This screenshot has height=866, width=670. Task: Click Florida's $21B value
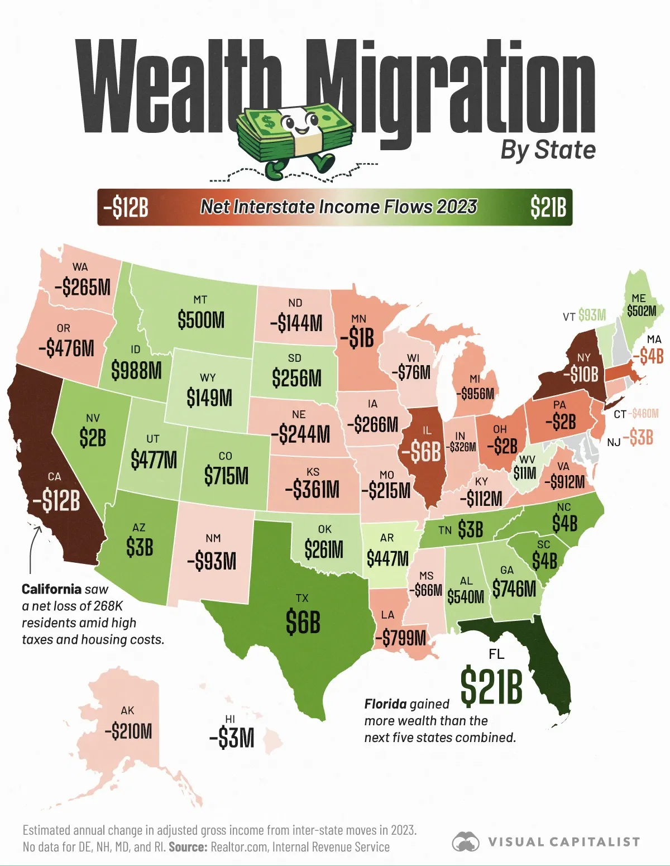[x=491, y=686]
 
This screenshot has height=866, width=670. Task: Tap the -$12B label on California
[x=56, y=500]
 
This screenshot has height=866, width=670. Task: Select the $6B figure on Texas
[x=303, y=622]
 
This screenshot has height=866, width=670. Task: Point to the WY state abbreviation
[x=208, y=378]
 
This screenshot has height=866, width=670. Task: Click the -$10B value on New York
[x=581, y=374]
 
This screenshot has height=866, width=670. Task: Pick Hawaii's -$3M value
[x=232, y=738]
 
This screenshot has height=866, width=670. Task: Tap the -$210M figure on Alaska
[x=128, y=731]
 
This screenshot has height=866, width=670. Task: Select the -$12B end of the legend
[x=126, y=208]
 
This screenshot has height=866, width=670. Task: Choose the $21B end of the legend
[x=548, y=208]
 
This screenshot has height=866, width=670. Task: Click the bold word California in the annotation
[x=51, y=589]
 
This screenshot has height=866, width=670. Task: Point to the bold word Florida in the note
[x=385, y=704]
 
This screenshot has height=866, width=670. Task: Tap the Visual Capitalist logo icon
[x=466, y=842]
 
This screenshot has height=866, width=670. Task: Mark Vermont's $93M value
[x=592, y=315]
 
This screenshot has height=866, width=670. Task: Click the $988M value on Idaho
[x=136, y=370]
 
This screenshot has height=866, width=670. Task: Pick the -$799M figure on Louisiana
[x=400, y=637]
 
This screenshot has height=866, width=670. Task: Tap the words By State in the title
[x=548, y=150]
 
